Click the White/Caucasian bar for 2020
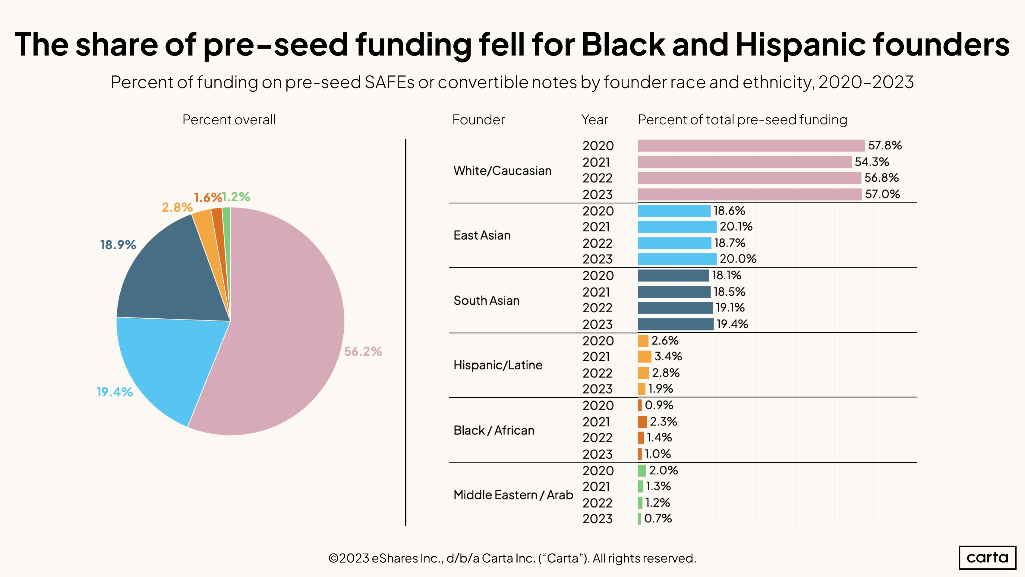click(751, 146)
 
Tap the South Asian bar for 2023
click(675, 324)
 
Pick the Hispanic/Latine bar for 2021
click(644, 357)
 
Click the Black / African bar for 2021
click(642, 422)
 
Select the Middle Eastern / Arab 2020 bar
click(642, 471)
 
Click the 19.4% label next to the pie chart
click(115, 392)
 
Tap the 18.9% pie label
click(118, 245)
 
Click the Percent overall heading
click(229, 120)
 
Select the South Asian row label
click(486, 301)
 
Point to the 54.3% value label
click(872, 162)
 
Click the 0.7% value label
click(658, 518)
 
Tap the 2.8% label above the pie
click(177, 207)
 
